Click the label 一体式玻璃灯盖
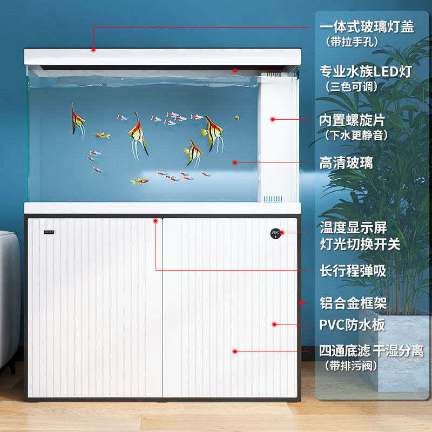tap(367, 26)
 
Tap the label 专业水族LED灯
tap(366, 71)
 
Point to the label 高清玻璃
tap(346, 163)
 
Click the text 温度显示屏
tap(353, 227)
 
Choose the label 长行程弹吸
tap(353, 271)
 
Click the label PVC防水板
tap(352, 325)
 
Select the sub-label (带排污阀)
tap(351, 366)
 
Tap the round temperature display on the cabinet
tap(276, 233)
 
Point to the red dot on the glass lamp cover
tap(93, 50)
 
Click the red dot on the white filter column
tap(273, 119)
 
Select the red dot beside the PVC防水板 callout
tap(274, 325)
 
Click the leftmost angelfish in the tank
tap(78, 120)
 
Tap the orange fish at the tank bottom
tap(140, 181)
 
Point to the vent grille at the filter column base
tap(272, 199)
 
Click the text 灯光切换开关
tap(360, 244)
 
